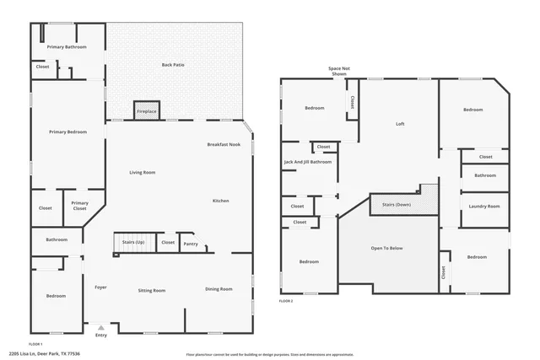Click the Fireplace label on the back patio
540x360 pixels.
[x=147, y=111]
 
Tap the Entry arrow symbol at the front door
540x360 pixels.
[x=101, y=328]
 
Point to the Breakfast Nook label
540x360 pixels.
[x=224, y=145]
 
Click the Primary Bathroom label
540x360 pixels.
[x=67, y=47]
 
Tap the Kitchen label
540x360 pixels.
[x=220, y=201]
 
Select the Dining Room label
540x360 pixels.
[x=219, y=290]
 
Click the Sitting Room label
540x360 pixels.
[x=152, y=290]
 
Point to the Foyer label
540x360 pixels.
[x=100, y=287]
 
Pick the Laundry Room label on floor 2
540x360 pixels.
[x=484, y=206]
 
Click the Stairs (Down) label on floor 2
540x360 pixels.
[x=397, y=204]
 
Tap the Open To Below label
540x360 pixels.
[x=387, y=249]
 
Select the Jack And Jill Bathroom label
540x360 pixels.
[x=308, y=161]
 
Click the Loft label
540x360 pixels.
[x=401, y=124]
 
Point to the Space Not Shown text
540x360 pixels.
[x=339, y=71]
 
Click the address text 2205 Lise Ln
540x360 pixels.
[x=50, y=354]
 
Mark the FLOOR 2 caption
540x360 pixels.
[x=286, y=301]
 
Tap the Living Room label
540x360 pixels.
[x=142, y=172]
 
